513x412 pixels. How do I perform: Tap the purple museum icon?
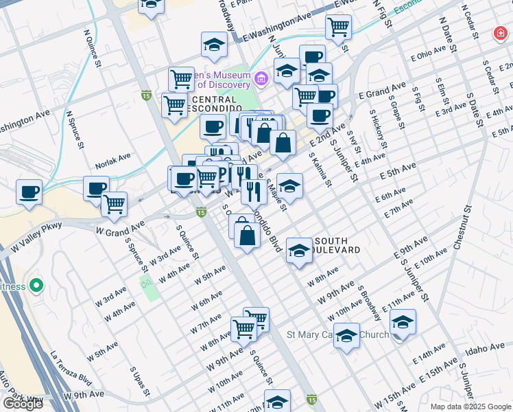[x=261, y=79]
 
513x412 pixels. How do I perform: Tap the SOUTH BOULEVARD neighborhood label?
[x=336, y=246]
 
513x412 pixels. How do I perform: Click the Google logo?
[x=23, y=404]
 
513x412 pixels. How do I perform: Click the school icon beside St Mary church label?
[x=347, y=335]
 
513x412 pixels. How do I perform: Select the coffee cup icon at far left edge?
[x=29, y=192]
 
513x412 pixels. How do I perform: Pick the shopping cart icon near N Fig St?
[x=338, y=27]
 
